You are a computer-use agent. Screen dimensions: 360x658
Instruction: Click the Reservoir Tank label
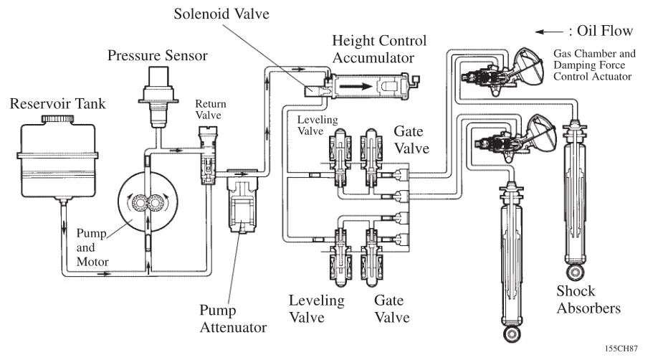(x=57, y=104)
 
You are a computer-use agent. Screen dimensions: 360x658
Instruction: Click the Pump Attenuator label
(x=233, y=319)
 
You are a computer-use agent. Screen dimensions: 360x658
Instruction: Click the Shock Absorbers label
(x=588, y=300)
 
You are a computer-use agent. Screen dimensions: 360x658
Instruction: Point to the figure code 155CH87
(x=621, y=349)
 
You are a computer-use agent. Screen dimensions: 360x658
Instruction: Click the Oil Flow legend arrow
(x=549, y=32)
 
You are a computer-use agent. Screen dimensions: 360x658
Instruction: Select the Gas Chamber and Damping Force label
(x=594, y=65)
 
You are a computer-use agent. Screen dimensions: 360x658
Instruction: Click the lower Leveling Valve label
(x=316, y=308)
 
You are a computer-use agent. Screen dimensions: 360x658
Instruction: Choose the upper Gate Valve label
(x=411, y=140)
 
